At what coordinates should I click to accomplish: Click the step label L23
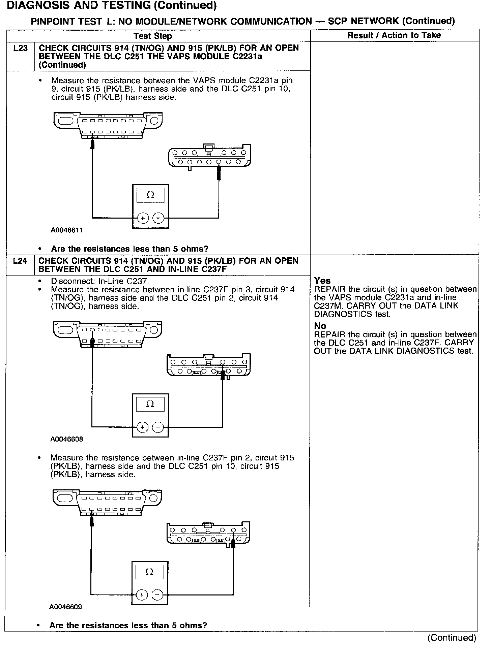tap(20, 48)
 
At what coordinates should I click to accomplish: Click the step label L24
tap(20, 261)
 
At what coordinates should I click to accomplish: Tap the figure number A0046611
tap(67, 230)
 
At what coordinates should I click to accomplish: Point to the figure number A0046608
tap(67, 439)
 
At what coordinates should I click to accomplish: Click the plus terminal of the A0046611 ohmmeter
tap(143, 218)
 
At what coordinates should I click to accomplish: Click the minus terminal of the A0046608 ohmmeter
tap(158, 427)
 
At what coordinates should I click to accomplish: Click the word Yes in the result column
tap(322, 281)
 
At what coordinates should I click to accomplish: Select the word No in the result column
tap(320, 326)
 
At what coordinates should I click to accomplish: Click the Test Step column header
tap(152, 36)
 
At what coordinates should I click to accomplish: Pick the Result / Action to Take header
tap(394, 35)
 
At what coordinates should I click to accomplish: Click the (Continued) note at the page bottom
tap(452, 638)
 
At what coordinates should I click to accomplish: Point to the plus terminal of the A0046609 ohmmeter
tap(142, 595)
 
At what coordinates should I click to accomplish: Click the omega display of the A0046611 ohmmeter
tap(151, 195)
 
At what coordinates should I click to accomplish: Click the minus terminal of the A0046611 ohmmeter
tap(158, 218)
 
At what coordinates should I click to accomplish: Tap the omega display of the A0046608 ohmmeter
tap(150, 404)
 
